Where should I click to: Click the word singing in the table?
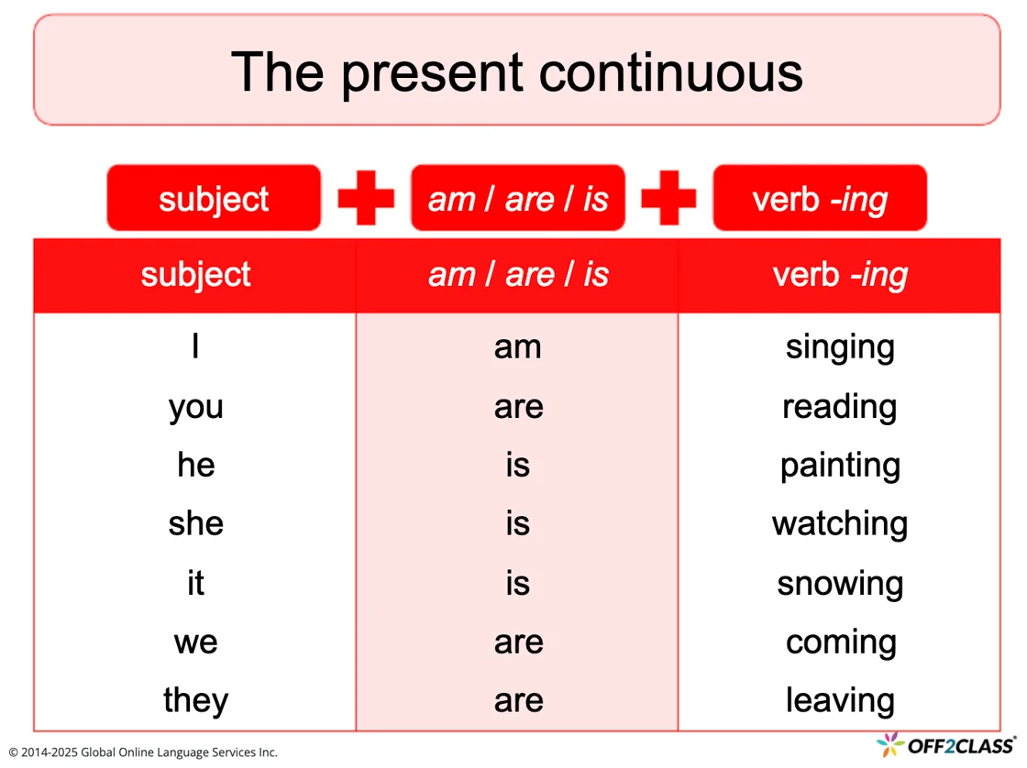coord(840,347)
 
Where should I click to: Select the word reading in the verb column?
coord(840,407)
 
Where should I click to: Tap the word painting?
coord(840,466)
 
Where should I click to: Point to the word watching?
coord(840,524)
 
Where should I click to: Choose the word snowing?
coord(840,584)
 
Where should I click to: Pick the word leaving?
coord(840,700)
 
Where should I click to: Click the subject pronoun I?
coord(195,346)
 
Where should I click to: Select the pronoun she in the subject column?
coord(196,523)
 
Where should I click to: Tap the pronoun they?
coord(196,700)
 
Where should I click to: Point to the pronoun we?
coord(196,642)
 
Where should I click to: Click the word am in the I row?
coord(517,347)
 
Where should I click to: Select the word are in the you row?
coord(519,407)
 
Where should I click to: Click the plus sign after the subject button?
coord(366,198)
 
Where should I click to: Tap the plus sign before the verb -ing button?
coord(668,198)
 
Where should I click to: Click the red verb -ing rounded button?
coord(820,198)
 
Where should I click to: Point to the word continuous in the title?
coord(670,72)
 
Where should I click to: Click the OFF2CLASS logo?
coord(945,745)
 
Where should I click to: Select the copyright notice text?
coord(143,752)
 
